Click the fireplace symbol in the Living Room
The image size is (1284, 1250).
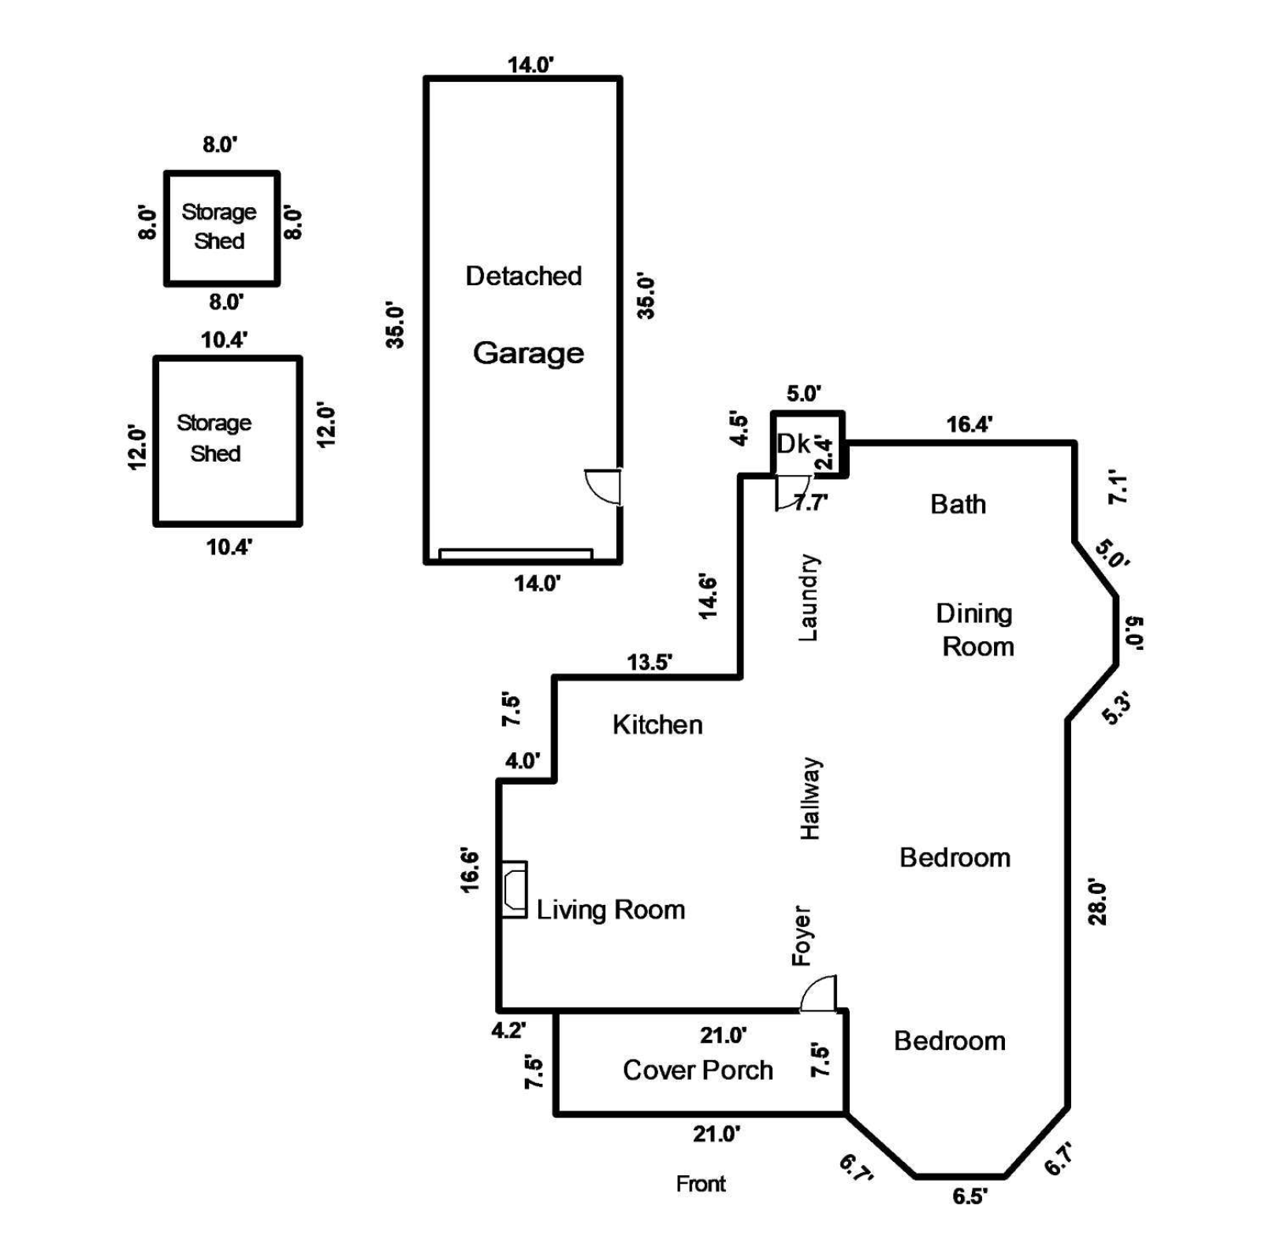tap(515, 889)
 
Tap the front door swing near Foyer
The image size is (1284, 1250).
tap(820, 995)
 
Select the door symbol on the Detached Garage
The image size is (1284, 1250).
tap(605, 487)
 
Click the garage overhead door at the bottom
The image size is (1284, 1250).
tap(515, 555)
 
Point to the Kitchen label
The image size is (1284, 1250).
tap(657, 725)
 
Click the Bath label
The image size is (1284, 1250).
tap(958, 504)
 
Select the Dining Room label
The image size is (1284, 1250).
tap(976, 630)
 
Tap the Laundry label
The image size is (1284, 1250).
tap(809, 597)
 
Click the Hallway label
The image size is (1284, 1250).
tap(810, 799)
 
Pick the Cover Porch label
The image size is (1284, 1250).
tap(698, 1070)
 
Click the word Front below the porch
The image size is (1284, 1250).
tap(701, 1184)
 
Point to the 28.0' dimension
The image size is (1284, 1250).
tap(1098, 903)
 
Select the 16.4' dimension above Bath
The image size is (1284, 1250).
tap(969, 425)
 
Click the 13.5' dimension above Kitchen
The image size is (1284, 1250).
tap(649, 662)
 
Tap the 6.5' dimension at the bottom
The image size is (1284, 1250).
tap(970, 1196)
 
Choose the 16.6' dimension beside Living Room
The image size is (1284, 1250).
tap(471, 870)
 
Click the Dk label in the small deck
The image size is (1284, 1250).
tap(794, 444)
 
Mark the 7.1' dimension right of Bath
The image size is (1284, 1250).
tap(1118, 488)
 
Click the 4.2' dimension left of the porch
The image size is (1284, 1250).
tap(508, 1029)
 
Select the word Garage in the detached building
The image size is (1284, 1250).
tap(528, 353)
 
